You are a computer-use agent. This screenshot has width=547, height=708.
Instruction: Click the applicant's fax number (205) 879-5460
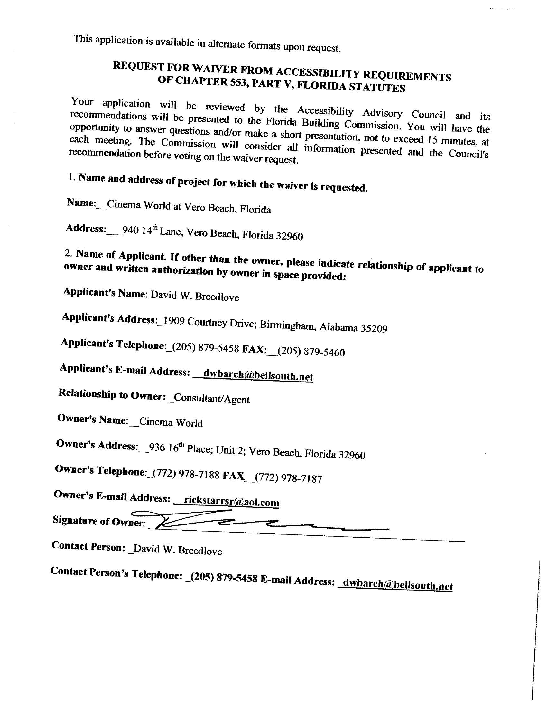tap(311, 352)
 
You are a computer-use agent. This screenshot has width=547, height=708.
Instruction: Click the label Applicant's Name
tap(104, 292)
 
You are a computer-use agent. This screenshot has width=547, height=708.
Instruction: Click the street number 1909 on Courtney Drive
tap(174, 321)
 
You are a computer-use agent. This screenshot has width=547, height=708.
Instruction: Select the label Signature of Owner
tap(98, 521)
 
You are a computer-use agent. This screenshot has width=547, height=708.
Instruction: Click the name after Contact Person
tap(178, 550)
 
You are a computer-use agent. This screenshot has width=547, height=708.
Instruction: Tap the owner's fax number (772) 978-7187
tap(288, 478)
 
